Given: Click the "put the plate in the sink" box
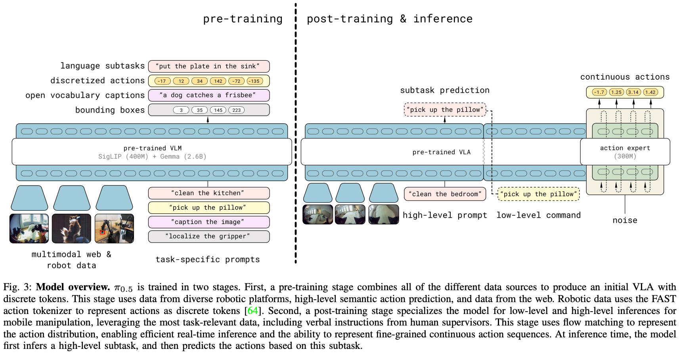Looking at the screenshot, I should (209, 66).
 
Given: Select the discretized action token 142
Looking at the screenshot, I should (218, 81).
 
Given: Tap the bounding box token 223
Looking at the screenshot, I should (236, 110).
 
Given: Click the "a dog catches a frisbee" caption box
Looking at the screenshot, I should (209, 95).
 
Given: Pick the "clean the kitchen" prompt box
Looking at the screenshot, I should (209, 193).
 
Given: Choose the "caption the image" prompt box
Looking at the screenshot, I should (209, 222).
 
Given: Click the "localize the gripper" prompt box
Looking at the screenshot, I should (209, 236).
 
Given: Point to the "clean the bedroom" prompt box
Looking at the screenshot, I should (445, 194).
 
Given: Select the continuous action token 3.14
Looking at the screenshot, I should (633, 92).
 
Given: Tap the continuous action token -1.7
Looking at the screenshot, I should (599, 92).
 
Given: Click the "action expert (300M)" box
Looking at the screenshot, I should (625, 152).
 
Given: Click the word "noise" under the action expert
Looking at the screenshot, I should (625, 220).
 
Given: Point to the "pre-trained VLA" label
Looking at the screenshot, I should (441, 152).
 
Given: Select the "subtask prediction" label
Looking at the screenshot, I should (444, 90).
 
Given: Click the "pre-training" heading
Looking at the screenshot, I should (243, 19).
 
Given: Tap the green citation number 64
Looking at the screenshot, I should (253, 310).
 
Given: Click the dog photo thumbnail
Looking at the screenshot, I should (71, 228).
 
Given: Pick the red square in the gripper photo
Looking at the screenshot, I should (102, 232).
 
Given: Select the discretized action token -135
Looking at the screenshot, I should (254, 81).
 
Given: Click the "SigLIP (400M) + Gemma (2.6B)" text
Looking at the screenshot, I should (152, 157).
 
